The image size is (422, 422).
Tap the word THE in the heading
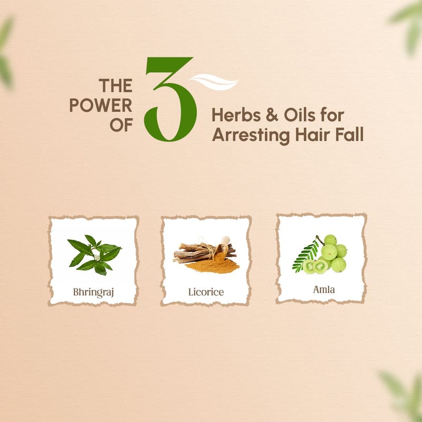(x=116, y=85)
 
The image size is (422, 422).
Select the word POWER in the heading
(x=101, y=105)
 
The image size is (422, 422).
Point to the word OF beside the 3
(x=121, y=125)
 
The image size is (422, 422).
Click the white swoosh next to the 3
(x=214, y=82)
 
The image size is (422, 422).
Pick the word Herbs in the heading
(x=236, y=115)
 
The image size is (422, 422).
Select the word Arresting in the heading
(x=251, y=135)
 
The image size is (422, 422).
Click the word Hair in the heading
(x=313, y=135)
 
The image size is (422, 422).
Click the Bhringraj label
(x=93, y=293)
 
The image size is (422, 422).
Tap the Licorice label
(x=206, y=292)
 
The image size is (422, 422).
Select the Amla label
(x=324, y=290)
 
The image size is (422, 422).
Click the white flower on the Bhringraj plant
(x=97, y=258)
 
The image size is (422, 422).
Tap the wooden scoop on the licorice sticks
(x=222, y=245)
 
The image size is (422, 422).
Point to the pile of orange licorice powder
(x=213, y=265)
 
